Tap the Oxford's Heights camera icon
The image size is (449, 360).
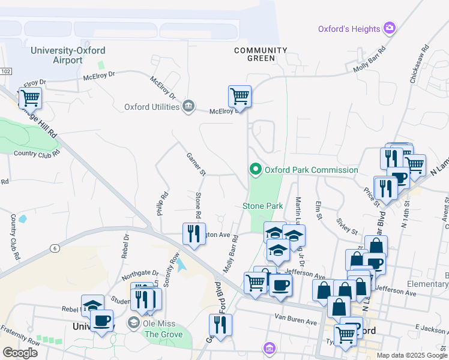click(390, 28)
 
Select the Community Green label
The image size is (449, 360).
click(261, 54)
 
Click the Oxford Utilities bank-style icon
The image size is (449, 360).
click(188, 107)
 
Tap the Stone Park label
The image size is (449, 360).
click(262, 206)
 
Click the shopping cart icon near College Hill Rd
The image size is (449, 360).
click(29, 98)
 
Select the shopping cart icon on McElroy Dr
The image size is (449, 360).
click(240, 95)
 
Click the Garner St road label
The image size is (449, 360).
click(196, 164)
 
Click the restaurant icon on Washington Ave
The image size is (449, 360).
click(193, 233)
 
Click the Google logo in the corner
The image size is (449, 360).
click(20, 353)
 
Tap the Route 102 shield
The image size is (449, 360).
click(5, 71)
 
